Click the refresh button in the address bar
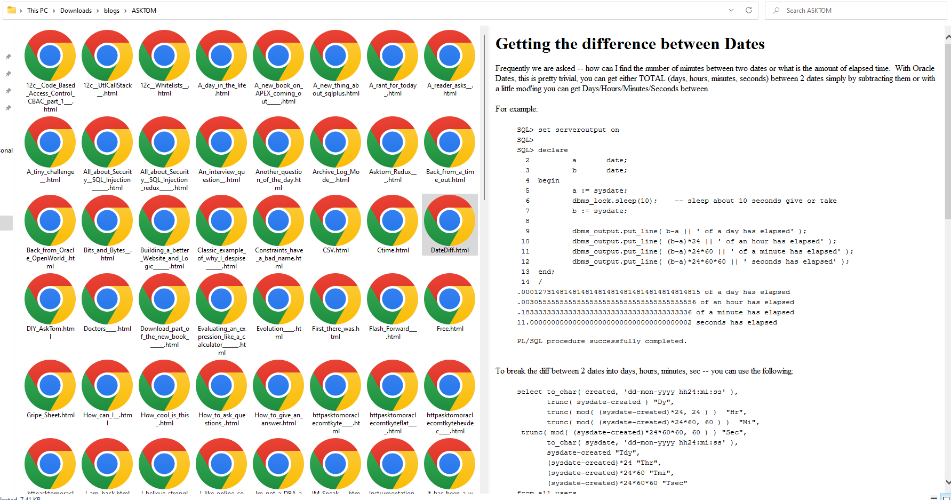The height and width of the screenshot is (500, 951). (x=749, y=10)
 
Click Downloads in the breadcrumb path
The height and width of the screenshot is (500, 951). (x=76, y=11)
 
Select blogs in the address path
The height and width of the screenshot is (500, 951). (x=111, y=11)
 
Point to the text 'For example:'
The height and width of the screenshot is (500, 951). (x=516, y=109)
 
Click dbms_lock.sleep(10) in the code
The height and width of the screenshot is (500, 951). (x=614, y=201)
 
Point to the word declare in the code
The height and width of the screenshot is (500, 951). (x=553, y=150)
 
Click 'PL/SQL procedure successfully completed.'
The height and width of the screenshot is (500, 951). (x=602, y=342)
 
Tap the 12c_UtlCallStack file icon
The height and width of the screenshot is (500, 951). (x=107, y=55)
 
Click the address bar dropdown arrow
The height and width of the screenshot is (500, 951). (x=731, y=10)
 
